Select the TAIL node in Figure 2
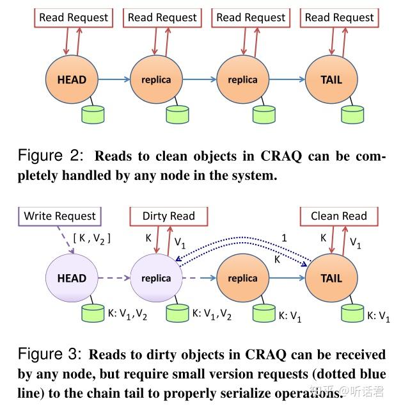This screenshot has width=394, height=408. (x=331, y=80)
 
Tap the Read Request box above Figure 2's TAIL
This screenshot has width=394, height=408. (x=339, y=17)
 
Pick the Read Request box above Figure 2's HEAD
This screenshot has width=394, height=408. (x=74, y=17)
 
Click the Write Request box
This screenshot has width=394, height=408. (x=59, y=216)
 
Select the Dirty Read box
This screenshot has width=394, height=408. (x=169, y=216)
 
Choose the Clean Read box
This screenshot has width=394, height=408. (x=338, y=216)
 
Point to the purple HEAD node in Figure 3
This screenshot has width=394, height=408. (x=71, y=278)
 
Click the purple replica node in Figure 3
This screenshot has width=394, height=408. (x=156, y=278)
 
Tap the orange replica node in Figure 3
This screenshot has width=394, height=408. (x=242, y=278)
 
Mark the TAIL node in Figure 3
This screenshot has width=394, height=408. (x=331, y=278)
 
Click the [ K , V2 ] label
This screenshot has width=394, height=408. (x=92, y=238)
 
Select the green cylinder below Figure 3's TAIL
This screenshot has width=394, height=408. (x=352, y=313)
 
